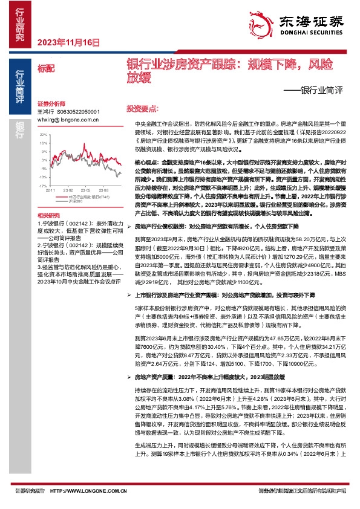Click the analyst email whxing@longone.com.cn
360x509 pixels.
click(68, 120)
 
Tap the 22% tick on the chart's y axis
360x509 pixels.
click(42, 135)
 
